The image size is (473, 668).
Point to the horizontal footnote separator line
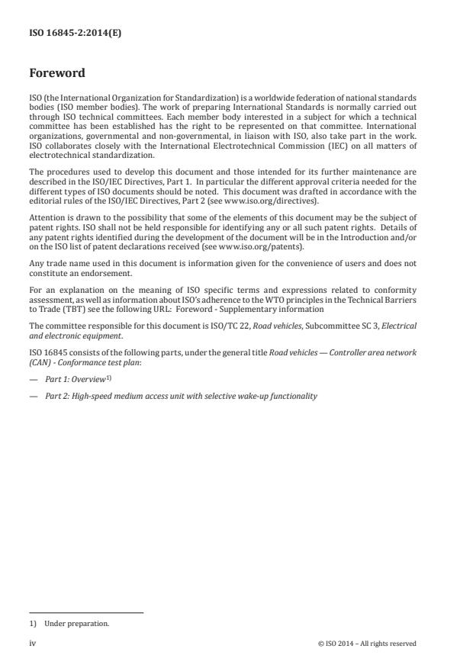(86, 612)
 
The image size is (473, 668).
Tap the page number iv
(33, 643)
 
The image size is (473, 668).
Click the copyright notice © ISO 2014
(366, 644)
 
